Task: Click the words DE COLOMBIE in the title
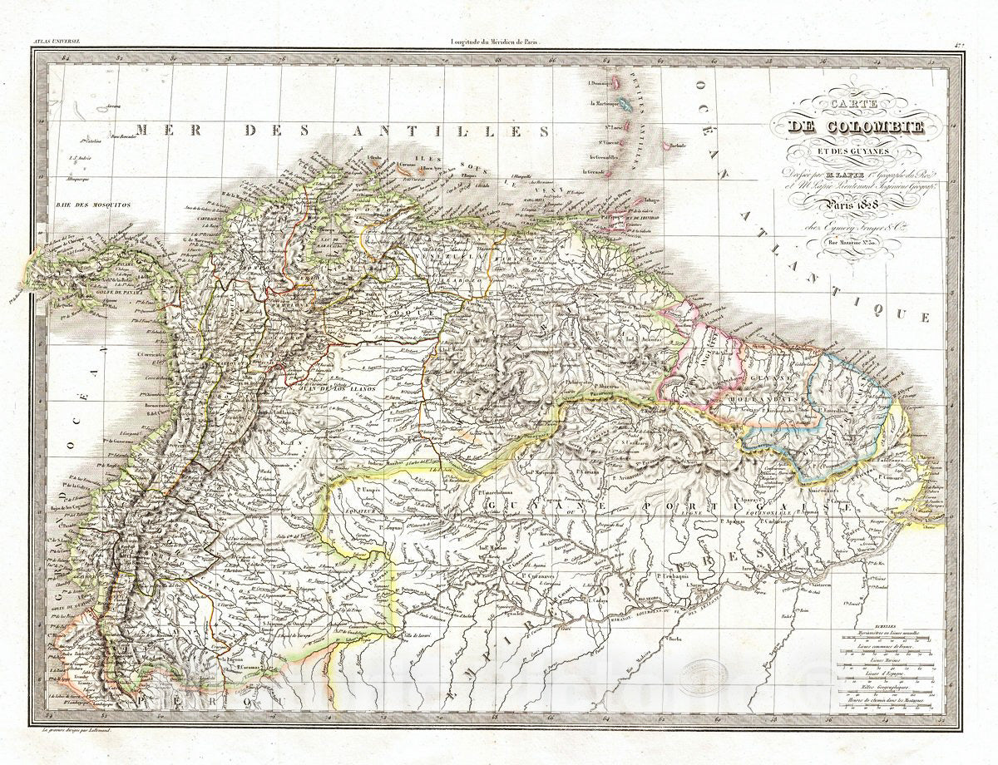click(857, 128)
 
